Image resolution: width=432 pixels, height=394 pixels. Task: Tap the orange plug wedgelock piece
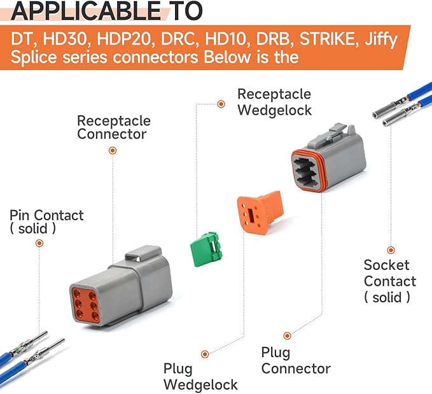pos(260,213)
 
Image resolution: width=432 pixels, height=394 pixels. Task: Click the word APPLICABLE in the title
pos(86,11)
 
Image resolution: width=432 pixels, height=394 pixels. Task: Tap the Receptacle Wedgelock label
pos(274,102)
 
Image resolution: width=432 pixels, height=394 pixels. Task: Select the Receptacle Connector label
pos(114,127)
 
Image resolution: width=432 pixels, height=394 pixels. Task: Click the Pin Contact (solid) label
pos(46,222)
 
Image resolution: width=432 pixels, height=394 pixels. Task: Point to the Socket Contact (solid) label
pos(389,281)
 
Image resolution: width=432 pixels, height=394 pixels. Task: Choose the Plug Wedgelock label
pos(200,377)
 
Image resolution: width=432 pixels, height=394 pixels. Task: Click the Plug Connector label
pos(296,360)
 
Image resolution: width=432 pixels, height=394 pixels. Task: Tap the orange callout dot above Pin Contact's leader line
pos(39,243)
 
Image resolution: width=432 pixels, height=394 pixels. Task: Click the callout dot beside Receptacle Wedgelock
pos(221,104)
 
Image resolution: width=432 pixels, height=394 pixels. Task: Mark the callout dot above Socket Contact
pos(391,250)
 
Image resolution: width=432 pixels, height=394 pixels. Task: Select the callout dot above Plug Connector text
pos(287,335)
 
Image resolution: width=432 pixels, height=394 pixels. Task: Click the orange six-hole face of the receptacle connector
pos(85,304)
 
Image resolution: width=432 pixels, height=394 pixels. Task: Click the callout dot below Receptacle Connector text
pos(113,150)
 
